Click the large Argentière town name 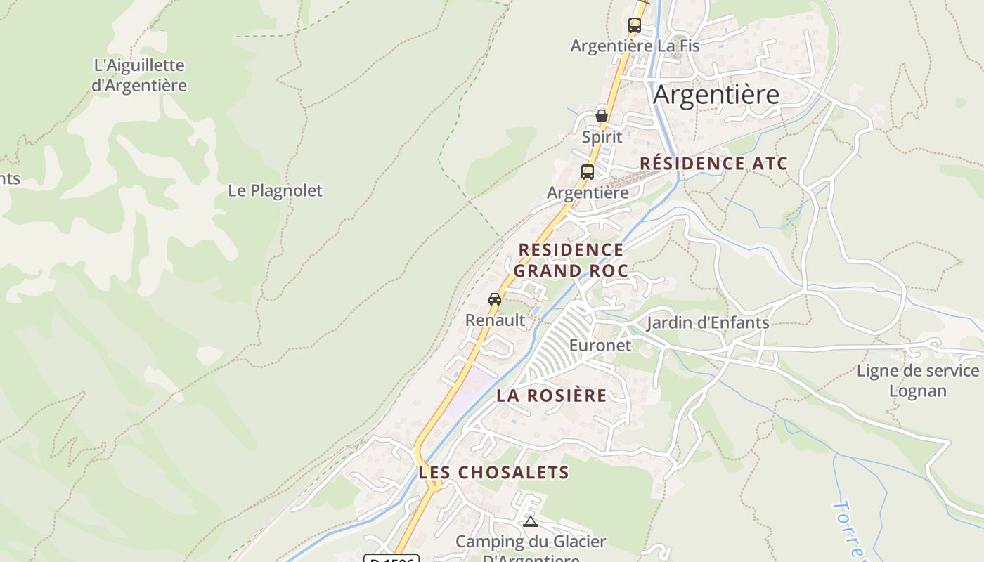(716, 94)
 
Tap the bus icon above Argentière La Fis (635, 25)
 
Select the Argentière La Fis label (635, 46)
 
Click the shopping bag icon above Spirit (602, 116)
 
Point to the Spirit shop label (602, 137)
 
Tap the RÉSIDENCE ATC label (713, 164)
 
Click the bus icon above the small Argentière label (588, 171)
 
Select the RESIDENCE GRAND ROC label (571, 260)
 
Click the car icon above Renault (495, 299)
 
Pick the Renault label (495, 320)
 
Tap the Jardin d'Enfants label (707, 322)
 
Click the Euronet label (600, 346)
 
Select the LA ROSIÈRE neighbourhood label (551, 396)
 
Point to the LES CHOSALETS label (493, 473)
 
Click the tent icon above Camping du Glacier (531, 521)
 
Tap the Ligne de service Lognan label (917, 381)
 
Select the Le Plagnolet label (275, 190)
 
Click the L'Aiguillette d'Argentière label (139, 75)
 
